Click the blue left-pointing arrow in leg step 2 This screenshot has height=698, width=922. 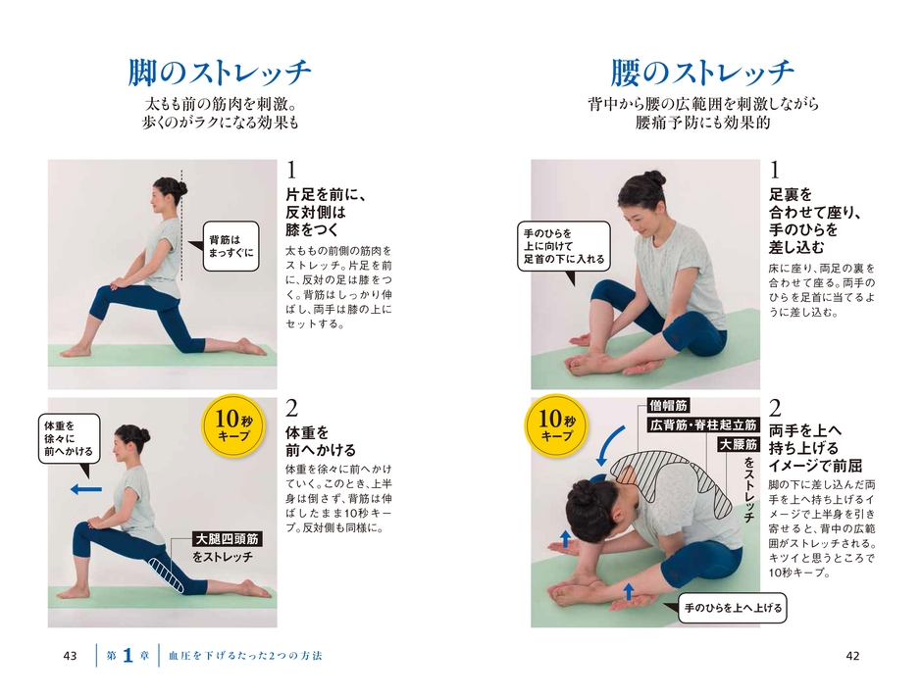(86, 487)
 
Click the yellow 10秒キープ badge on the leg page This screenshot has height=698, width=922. (233, 428)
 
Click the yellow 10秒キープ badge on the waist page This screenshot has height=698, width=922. (557, 427)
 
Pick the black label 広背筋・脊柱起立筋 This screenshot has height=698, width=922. (703, 425)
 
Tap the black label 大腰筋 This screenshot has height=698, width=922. (737, 445)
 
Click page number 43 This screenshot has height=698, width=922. (70, 655)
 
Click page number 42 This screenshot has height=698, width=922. (852, 655)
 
